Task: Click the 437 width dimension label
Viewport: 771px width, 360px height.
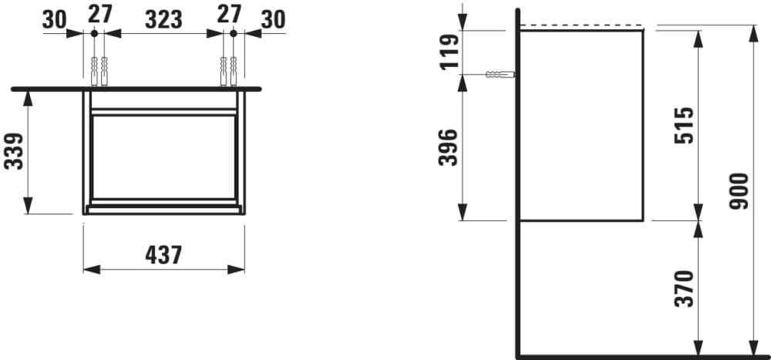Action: (163, 254)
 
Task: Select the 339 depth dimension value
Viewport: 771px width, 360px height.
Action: (14, 151)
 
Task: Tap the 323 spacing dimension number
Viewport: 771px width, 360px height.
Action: (163, 19)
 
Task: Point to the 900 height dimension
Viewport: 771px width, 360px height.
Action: (739, 191)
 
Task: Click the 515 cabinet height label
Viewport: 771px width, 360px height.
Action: (683, 126)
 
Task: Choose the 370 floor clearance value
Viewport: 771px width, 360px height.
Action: (683, 288)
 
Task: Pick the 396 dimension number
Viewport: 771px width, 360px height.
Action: (448, 147)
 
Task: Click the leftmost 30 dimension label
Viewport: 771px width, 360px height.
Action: (55, 19)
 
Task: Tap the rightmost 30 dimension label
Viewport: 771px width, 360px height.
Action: (273, 19)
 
